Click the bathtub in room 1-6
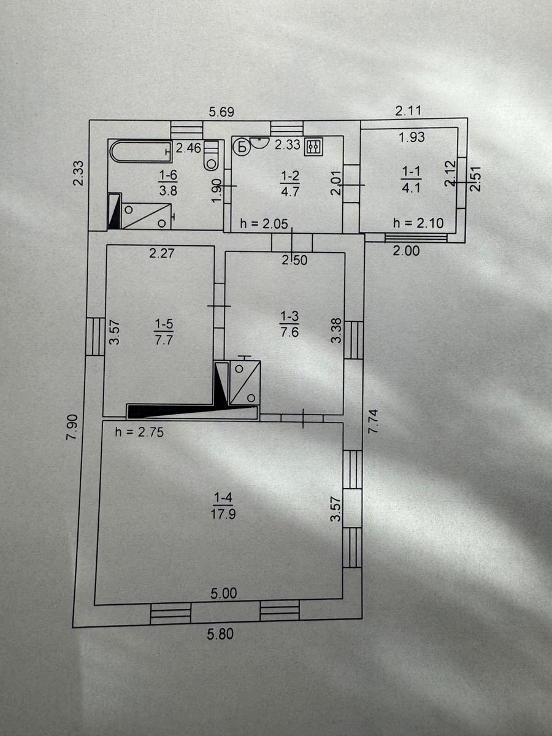click(142, 151)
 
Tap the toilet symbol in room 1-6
click(211, 156)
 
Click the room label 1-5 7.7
click(164, 332)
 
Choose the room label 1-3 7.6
click(289, 324)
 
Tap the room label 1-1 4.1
click(411, 180)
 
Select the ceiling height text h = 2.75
click(139, 432)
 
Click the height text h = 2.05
click(264, 224)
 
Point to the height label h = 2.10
click(419, 223)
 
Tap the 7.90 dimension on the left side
click(72, 427)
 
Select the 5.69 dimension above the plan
click(221, 112)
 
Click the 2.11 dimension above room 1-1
click(408, 110)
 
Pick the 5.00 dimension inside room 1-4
click(224, 593)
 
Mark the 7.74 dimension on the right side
click(373, 421)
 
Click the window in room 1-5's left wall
click(95, 336)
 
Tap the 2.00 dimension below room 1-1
click(406, 251)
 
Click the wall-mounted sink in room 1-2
click(258, 142)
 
